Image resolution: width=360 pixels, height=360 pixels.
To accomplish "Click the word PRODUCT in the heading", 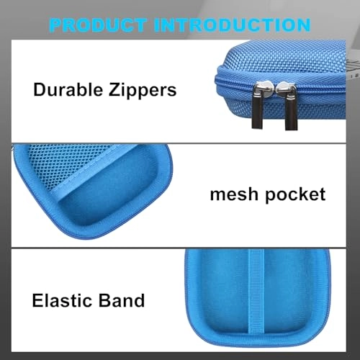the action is (x=98, y=25).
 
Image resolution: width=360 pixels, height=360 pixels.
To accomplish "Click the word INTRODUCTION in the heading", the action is (x=232, y=25).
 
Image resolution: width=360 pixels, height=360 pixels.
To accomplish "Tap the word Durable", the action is (x=68, y=89).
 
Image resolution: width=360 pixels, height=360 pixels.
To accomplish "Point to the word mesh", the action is (x=234, y=194).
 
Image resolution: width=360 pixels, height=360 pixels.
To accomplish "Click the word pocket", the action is (x=296, y=195).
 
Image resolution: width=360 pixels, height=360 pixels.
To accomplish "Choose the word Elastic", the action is (x=62, y=300).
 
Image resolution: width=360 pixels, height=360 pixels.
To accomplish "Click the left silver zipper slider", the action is (x=261, y=89).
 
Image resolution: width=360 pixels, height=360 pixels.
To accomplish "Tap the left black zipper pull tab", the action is (x=257, y=112).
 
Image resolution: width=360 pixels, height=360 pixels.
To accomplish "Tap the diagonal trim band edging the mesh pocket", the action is (x=96, y=171).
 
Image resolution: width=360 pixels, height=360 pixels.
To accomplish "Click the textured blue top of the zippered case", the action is (x=283, y=60).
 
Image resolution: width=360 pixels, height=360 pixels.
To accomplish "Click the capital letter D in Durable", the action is (x=40, y=89).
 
